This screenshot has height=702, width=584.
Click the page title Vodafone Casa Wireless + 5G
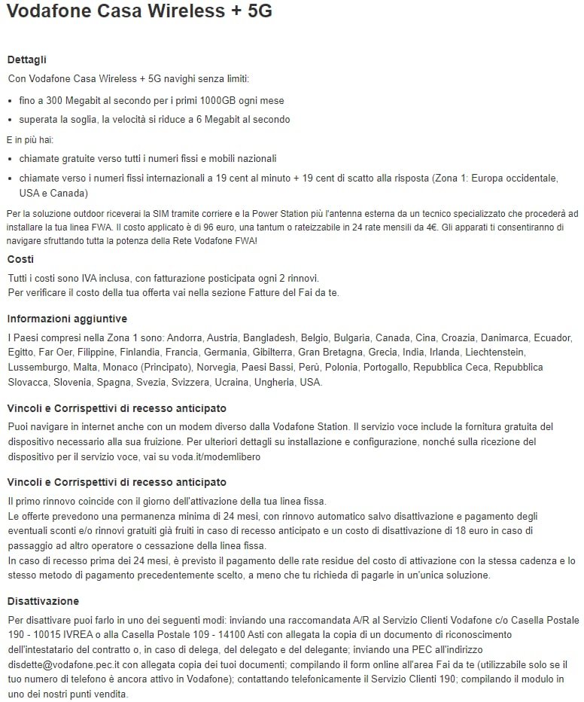139,11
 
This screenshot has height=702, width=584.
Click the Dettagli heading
27,60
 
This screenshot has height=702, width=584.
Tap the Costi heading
20,259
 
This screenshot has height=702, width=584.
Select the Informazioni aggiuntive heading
67,319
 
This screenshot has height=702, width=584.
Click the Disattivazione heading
43,601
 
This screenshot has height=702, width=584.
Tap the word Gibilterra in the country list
267,352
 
